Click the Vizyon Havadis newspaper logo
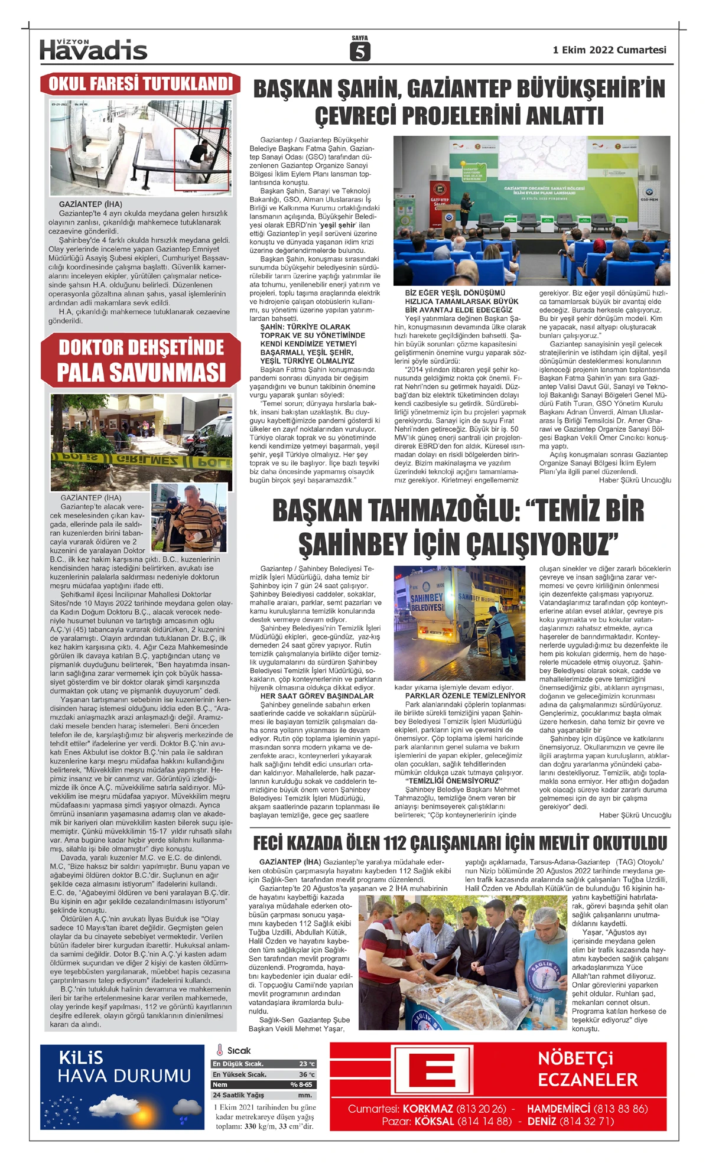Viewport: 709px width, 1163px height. click(x=93, y=50)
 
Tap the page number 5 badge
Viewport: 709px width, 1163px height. click(x=359, y=51)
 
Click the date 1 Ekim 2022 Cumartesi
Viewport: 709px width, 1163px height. click(x=609, y=50)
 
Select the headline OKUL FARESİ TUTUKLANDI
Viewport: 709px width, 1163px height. click(x=141, y=84)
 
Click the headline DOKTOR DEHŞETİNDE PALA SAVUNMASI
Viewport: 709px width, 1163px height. click(x=141, y=360)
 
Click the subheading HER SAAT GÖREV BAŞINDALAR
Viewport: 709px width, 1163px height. click(x=317, y=696)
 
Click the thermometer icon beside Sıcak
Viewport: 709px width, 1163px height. click(x=220, y=1050)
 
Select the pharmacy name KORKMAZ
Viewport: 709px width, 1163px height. click(x=428, y=1109)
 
